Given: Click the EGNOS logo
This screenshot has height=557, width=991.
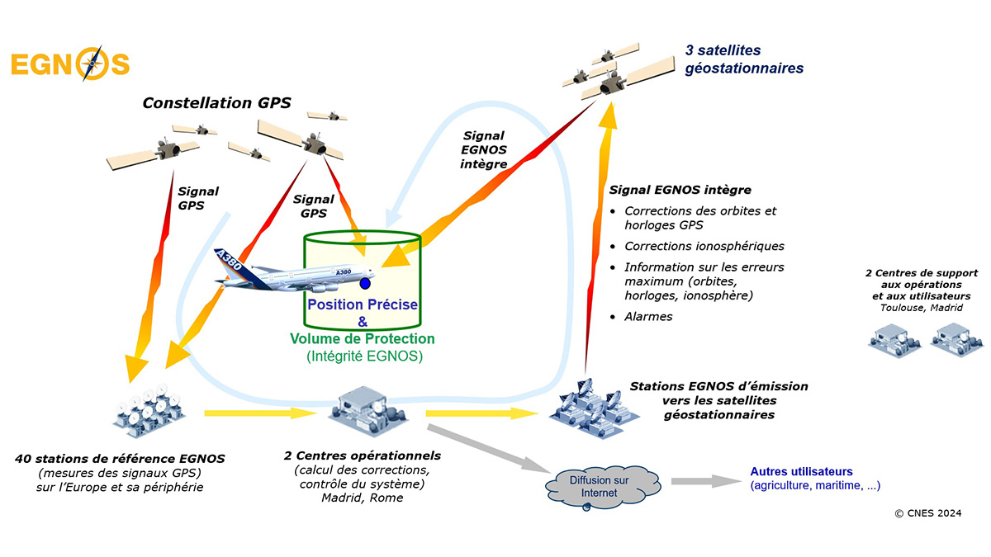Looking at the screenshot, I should [x=70, y=64].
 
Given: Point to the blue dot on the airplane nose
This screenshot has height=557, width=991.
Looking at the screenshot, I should [x=365, y=284].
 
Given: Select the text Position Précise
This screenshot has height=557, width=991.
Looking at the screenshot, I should [x=363, y=304].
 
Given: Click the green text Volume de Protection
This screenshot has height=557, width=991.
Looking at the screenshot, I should [x=363, y=339].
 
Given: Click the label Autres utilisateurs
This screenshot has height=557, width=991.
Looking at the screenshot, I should [x=801, y=471].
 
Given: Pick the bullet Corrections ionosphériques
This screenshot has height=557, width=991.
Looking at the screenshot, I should [x=704, y=246].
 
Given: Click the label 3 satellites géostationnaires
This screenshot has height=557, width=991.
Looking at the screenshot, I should [x=744, y=59].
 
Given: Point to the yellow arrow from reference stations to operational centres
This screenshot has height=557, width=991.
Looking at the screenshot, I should [x=248, y=412].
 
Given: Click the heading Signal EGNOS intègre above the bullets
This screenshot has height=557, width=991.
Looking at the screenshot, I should [x=680, y=190].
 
